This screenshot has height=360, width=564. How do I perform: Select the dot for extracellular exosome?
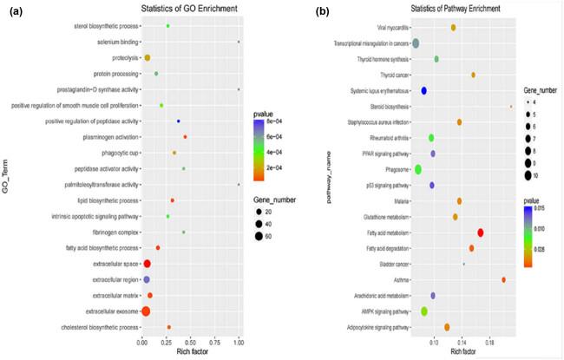tap(146, 311)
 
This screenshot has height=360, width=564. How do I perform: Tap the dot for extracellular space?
tap(148, 264)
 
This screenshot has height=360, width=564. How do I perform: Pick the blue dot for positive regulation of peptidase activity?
tap(179, 121)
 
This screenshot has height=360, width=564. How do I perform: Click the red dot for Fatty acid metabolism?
tap(480, 232)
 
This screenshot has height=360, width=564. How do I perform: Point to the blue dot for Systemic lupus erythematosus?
tap(424, 90)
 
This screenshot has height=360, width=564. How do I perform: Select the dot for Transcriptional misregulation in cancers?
tap(416, 43)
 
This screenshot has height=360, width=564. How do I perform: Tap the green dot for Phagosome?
tap(418, 170)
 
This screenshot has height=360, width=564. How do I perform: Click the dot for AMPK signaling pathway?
tap(424, 311)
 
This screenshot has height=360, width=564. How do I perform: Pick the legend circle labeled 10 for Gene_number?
tap(528, 175)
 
